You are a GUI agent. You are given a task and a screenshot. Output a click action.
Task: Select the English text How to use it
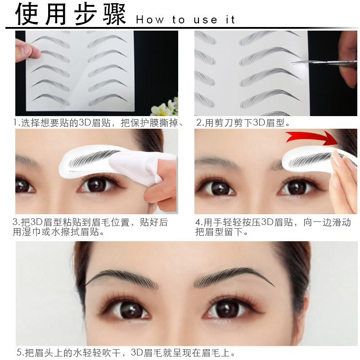click(x=185, y=20)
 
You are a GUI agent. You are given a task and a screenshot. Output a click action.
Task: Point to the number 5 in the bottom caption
click(x=19, y=353)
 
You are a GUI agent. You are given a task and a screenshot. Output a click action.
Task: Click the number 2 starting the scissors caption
click(x=199, y=122)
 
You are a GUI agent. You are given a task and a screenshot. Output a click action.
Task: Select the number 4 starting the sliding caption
click(x=198, y=222)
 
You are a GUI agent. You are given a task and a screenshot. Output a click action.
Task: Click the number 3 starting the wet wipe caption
click(x=16, y=222)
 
